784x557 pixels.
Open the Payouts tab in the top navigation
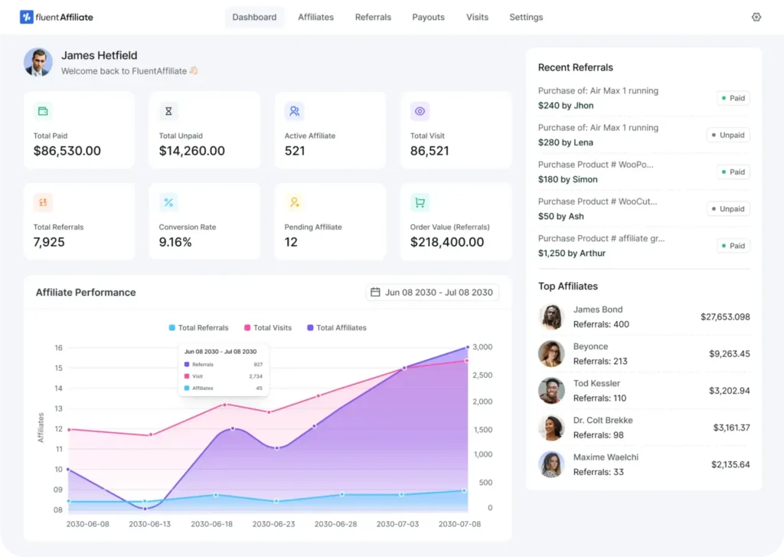tap(428, 17)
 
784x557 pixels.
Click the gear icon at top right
tap(756, 17)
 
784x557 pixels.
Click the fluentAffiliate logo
tap(57, 17)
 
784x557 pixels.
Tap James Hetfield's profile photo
tap(38, 63)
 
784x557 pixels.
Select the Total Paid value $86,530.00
tap(67, 151)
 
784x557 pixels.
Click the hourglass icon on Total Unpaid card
tap(168, 112)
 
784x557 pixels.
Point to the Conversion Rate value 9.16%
tap(175, 242)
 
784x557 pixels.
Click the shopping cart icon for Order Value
tap(420, 203)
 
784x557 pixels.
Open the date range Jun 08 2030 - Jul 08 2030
tap(432, 292)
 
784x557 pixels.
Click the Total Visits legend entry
tap(268, 328)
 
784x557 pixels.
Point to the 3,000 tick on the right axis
tap(482, 347)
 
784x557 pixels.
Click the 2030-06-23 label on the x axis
tap(273, 524)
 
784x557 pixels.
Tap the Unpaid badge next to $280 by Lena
tap(727, 135)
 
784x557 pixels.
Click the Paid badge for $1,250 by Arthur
tap(733, 246)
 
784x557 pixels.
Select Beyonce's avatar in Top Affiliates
tap(551, 354)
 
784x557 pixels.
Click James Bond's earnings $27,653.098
tap(725, 316)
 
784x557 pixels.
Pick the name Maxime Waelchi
tap(606, 457)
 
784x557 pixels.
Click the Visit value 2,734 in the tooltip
tap(256, 376)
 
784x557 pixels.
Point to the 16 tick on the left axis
tap(58, 348)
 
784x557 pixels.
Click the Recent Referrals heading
tap(575, 67)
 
